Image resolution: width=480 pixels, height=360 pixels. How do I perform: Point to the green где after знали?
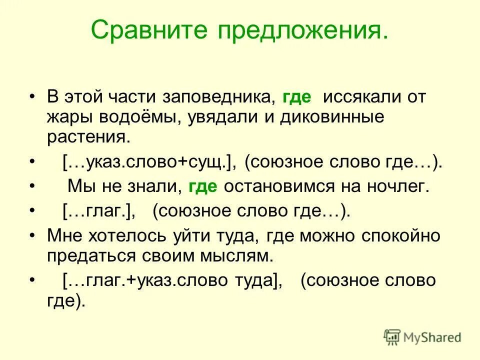203,187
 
